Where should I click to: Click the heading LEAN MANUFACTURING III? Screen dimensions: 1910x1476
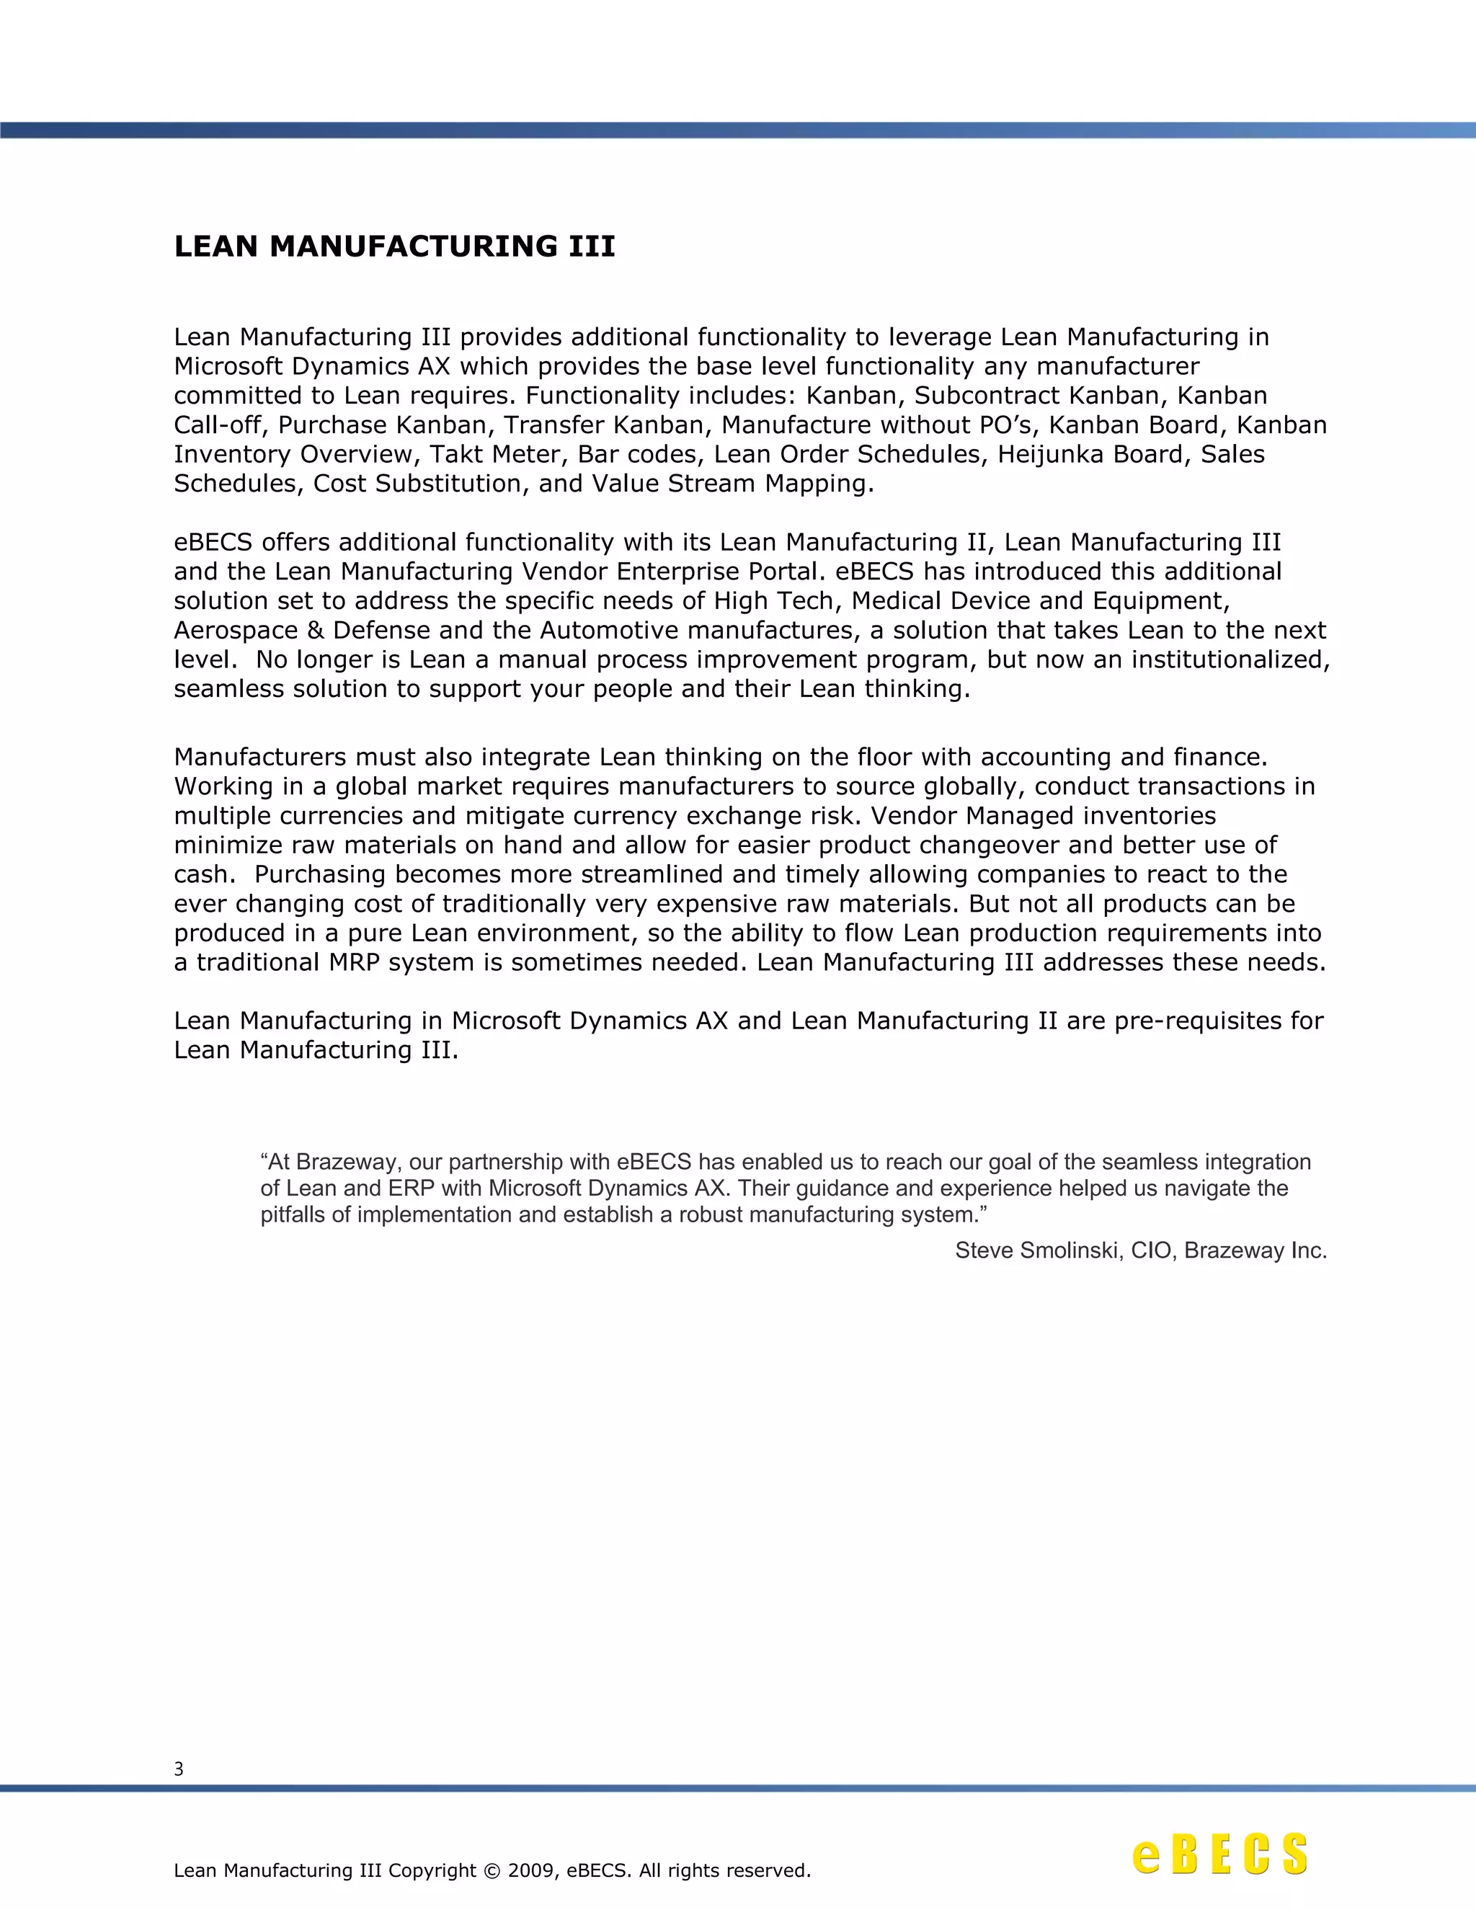394,246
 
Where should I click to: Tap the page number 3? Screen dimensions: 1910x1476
179,1769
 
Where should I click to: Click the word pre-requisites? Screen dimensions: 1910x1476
1197,1021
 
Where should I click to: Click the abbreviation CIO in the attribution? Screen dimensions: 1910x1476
1151,1251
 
